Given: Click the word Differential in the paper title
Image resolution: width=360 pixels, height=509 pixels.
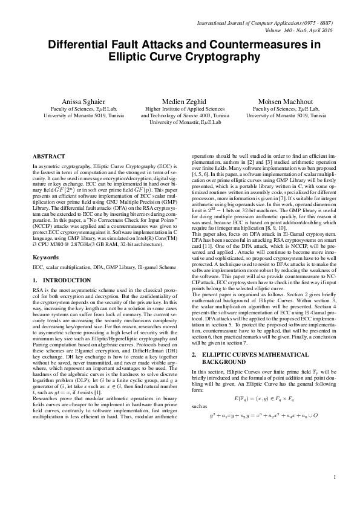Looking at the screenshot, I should click(x=85, y=45).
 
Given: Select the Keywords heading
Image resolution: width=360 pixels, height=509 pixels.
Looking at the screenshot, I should click(x=46, y=257).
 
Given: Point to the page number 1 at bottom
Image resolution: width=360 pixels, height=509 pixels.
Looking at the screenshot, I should click(x=335, y=478).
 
